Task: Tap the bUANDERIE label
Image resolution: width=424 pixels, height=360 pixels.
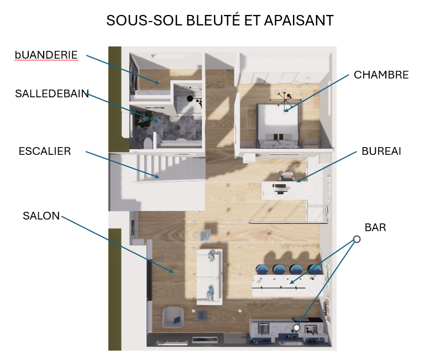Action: click(46, 55)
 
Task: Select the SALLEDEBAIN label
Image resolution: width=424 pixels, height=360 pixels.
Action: click(52, 93)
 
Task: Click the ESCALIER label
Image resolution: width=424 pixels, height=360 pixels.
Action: click(44, 151)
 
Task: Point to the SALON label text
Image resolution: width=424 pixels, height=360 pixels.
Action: click(41, 216)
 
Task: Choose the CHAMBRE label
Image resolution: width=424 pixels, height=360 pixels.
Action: click(381, 75)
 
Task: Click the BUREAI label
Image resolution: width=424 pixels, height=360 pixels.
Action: click(381, 151)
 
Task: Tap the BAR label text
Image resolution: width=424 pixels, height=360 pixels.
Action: click(375, 227)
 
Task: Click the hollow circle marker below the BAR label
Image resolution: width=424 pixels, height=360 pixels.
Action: click(357, 239)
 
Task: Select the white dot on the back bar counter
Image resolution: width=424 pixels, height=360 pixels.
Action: click(296, 328)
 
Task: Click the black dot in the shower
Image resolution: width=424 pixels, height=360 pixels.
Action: click(190, 98)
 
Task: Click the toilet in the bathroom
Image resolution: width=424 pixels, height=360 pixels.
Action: click(147, 143)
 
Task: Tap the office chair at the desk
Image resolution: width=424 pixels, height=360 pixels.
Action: click(286, 175)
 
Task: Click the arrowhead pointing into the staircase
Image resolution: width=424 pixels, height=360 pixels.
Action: click(159, 176)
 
